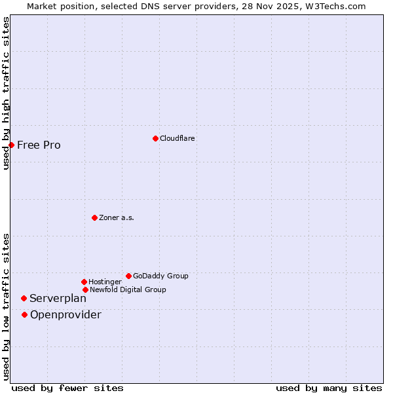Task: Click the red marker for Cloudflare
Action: (155, 138)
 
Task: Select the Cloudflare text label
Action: (178, 138)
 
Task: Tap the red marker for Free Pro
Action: (11, 145)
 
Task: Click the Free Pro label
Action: (39, 145)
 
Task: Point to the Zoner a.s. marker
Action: (94, 217)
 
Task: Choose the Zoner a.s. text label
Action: (117, 217)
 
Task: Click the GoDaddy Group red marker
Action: (128, 276)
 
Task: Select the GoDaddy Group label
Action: (160, 276)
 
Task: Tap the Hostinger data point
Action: (84, 282)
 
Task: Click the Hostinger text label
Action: (105, 282)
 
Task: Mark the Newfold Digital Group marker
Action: (85, 290)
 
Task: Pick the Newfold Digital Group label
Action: (128, 290)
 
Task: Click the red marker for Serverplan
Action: (24, 298)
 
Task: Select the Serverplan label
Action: (58, 299)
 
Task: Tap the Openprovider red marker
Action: (24, 314)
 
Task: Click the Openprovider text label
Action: (65, 315)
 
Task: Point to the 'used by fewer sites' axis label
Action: (67, 388)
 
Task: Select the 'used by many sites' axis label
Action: (329, 388)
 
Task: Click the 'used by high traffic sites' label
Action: (6, 93)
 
